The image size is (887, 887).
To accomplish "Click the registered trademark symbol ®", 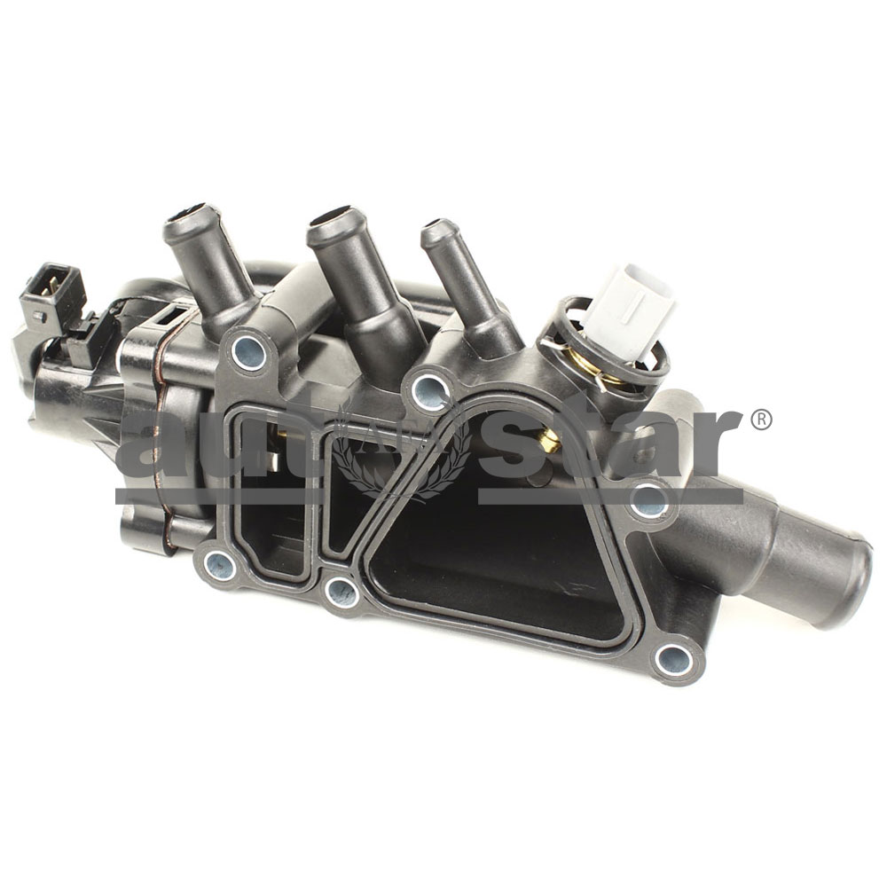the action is click(761, 420).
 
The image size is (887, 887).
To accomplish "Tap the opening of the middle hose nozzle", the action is click(335, 220).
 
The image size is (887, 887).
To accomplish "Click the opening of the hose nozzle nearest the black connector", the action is click(191, 216).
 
